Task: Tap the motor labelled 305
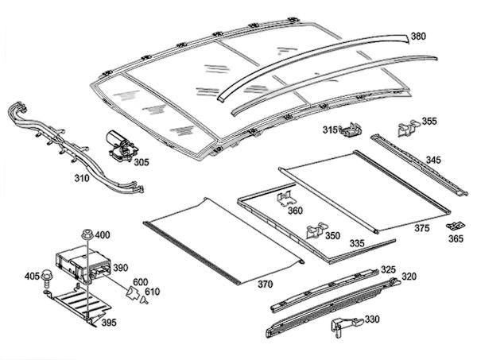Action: (120, 145)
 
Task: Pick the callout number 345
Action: (432, 161)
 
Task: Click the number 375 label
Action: (421, 227)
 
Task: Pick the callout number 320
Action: (409, 277)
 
